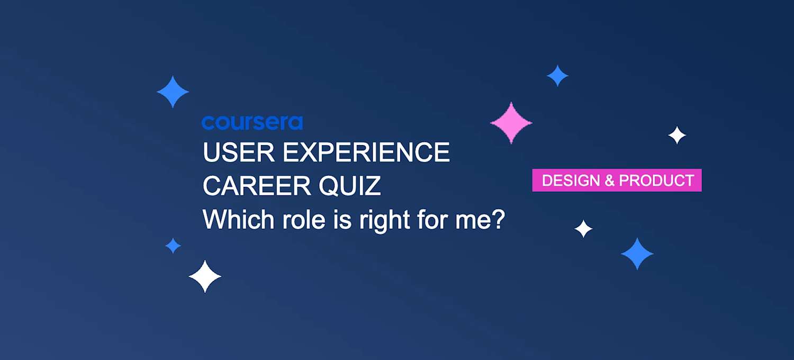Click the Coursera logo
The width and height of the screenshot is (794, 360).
click(252, 123)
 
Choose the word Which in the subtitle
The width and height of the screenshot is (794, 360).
click(234, 219)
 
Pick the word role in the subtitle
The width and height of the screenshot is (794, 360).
click(296, 219)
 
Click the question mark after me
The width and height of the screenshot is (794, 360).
click(496, 219)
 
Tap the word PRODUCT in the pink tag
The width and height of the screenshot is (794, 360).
click(656, 181)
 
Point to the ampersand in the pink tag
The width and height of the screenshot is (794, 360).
click(609, 181)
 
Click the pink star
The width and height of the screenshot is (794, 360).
click(511, 123)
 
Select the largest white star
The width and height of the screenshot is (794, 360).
click(205, 276)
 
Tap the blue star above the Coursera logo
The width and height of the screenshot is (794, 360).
click(173, 92)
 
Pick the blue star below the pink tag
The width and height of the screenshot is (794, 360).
click(637, 254)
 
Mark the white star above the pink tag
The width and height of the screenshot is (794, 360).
click(677, 136)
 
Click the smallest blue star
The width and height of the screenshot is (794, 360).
click(173, 246)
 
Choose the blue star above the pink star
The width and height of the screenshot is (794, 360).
click(557, 76)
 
